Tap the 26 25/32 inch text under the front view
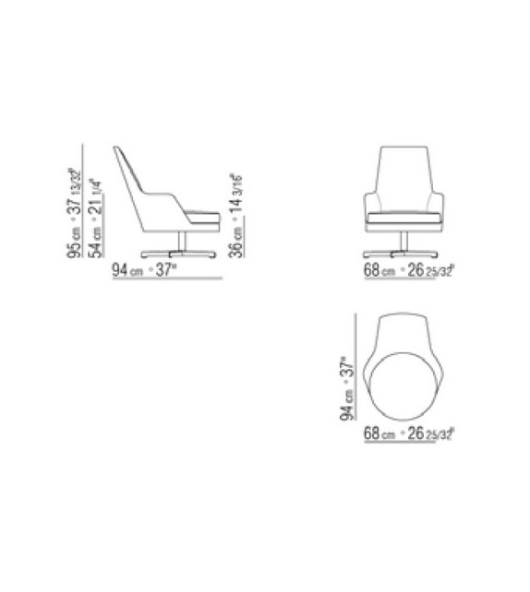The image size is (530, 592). coord(429,271)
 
